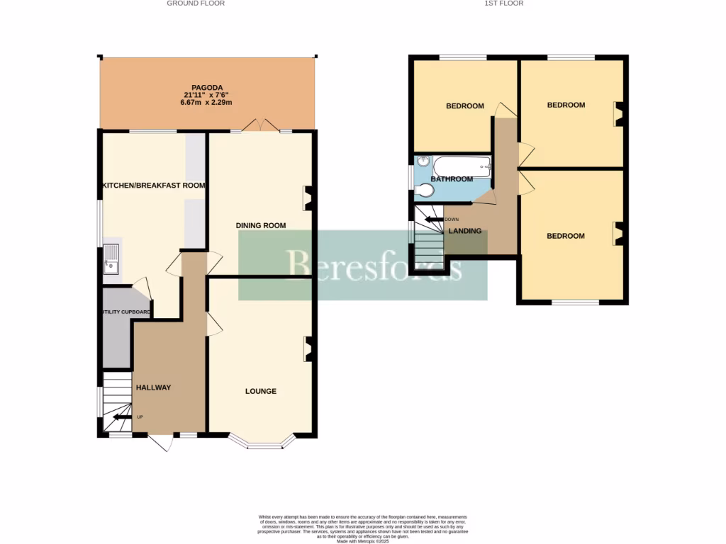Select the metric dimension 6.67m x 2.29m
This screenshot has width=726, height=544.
(206, 103)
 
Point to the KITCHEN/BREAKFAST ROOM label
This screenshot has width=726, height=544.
(154, 186)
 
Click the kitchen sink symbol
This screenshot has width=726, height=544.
(111, 259)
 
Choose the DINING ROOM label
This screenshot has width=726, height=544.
(261, 226)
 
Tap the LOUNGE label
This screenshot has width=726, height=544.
(261, 391)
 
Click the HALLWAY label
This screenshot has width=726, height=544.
(154, 387)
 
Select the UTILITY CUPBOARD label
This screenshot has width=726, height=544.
(125, 312)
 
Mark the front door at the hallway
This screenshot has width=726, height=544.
(162, 442)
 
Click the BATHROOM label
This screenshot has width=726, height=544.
(452, 179)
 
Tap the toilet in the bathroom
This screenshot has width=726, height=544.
(425, 191)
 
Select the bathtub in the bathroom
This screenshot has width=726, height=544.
(462, 167)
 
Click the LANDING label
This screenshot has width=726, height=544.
(465, 231)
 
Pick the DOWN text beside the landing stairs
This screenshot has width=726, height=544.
(452, 220)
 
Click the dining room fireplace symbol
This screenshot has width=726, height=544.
(308, 198)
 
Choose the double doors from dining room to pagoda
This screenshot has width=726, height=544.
(259, 126)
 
